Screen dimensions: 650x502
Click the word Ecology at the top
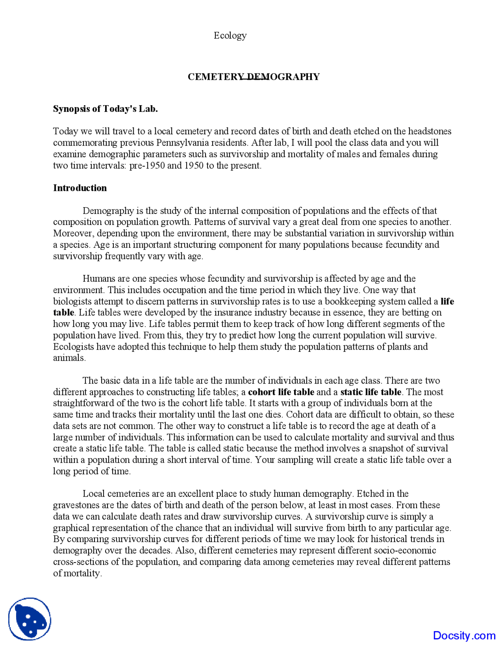230,36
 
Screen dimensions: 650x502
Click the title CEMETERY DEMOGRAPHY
253,77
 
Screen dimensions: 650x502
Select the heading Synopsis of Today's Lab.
105,109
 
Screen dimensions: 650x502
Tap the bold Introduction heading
80,188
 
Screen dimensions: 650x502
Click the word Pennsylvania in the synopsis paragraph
182,142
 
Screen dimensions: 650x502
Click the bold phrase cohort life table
281,392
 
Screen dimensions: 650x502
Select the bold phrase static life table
371,392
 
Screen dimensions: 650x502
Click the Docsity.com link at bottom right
464,635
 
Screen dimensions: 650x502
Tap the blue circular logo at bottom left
30,619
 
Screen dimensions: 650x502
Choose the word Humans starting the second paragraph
98,279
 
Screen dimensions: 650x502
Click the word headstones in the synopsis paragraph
429,131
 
